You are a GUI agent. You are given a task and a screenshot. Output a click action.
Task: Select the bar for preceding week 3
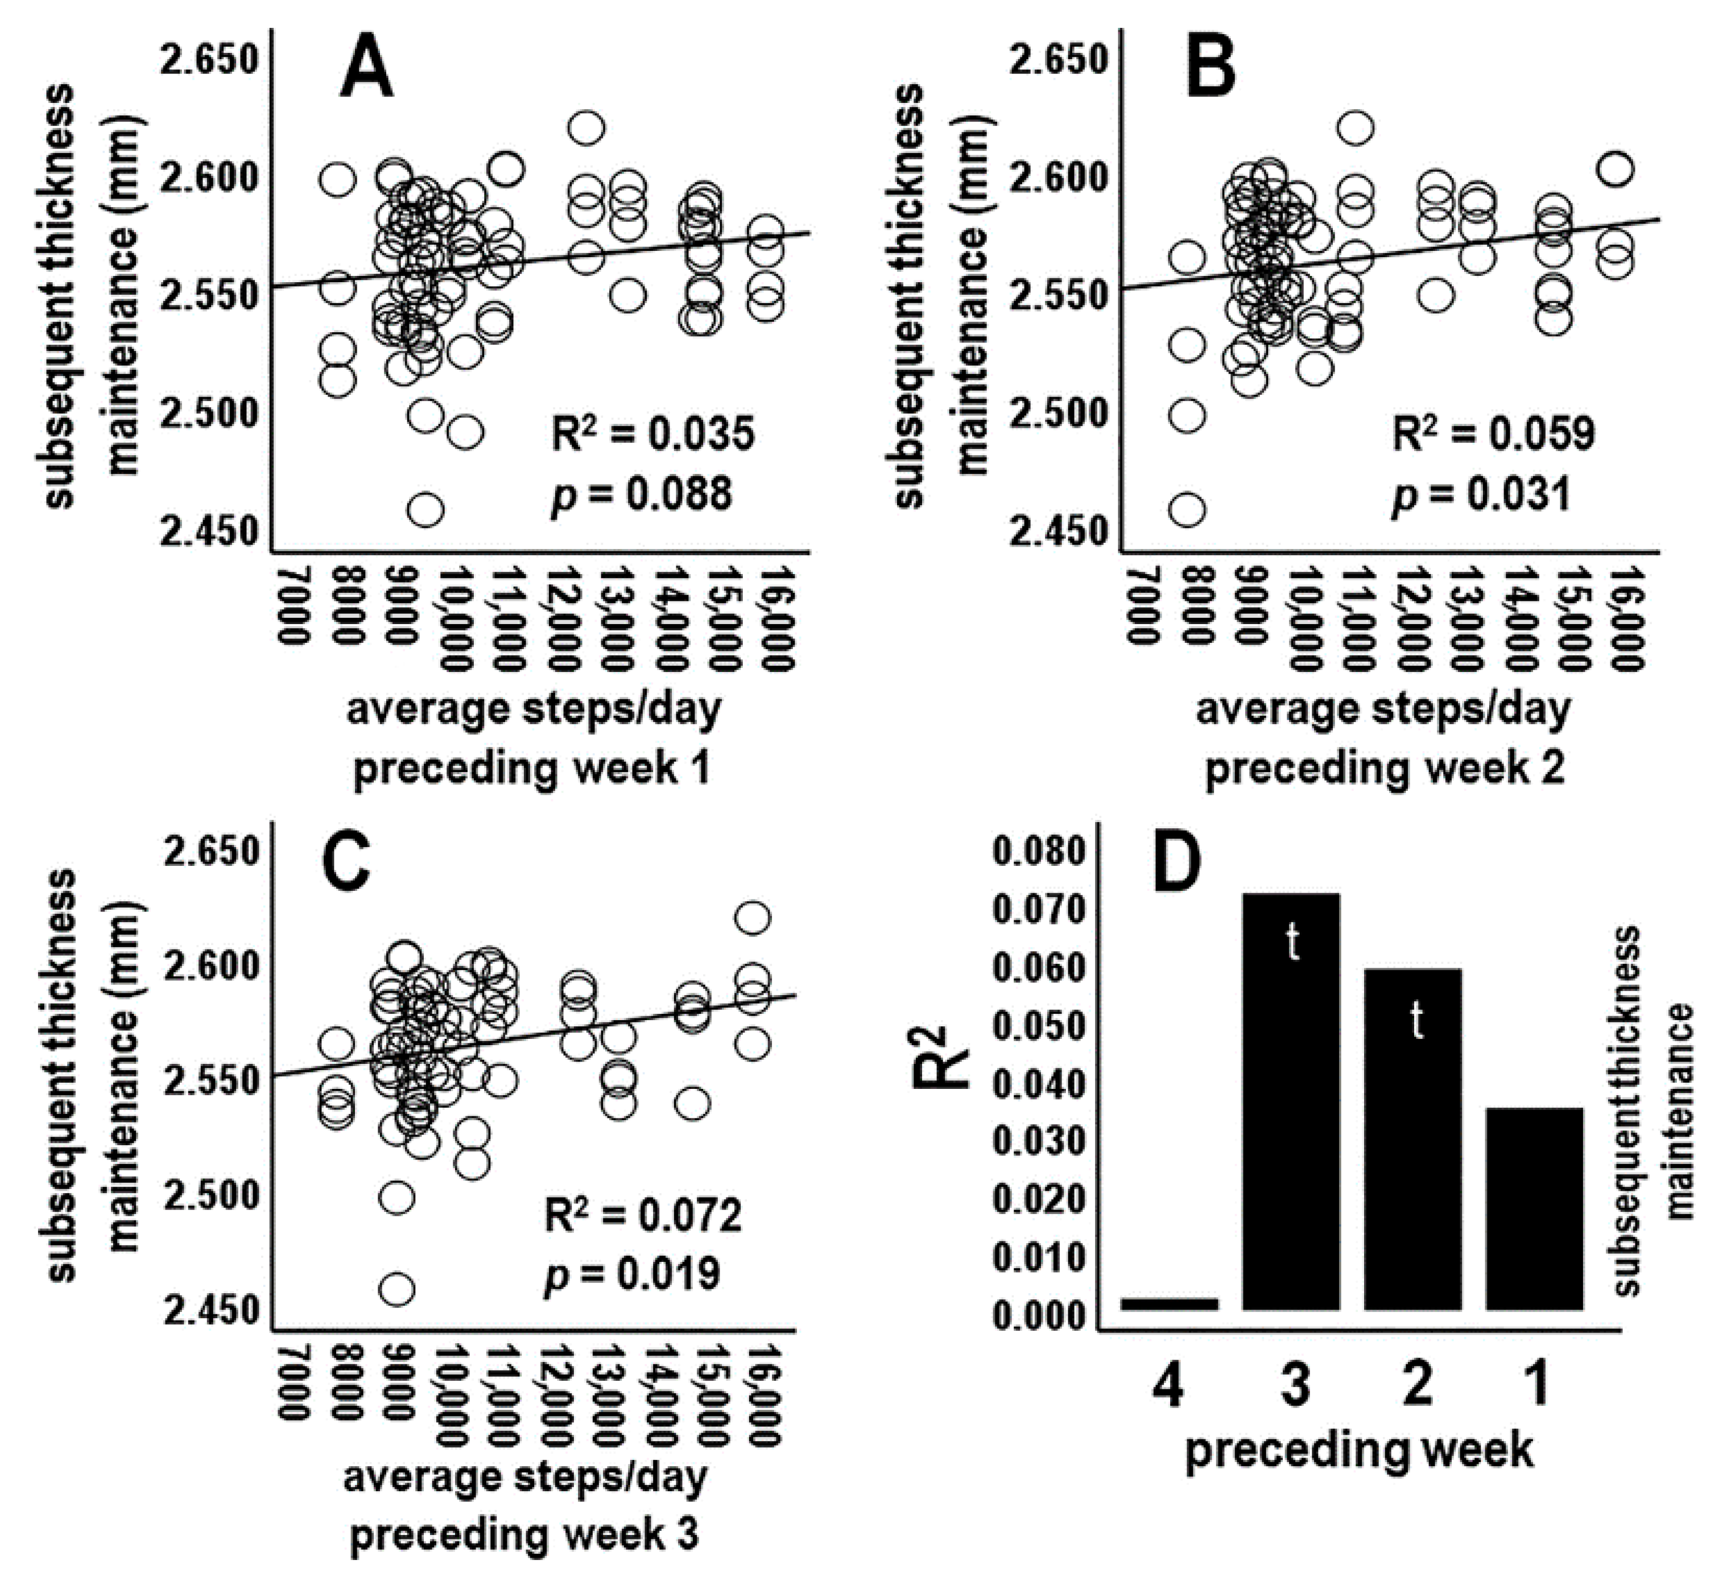(x=1291, y=1103)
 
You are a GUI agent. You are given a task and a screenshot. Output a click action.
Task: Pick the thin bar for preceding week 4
(x=1169, y=1303)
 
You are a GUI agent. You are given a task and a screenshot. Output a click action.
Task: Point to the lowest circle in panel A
(x=425, y=510)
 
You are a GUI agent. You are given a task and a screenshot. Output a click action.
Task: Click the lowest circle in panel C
(x=396, y=1290)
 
